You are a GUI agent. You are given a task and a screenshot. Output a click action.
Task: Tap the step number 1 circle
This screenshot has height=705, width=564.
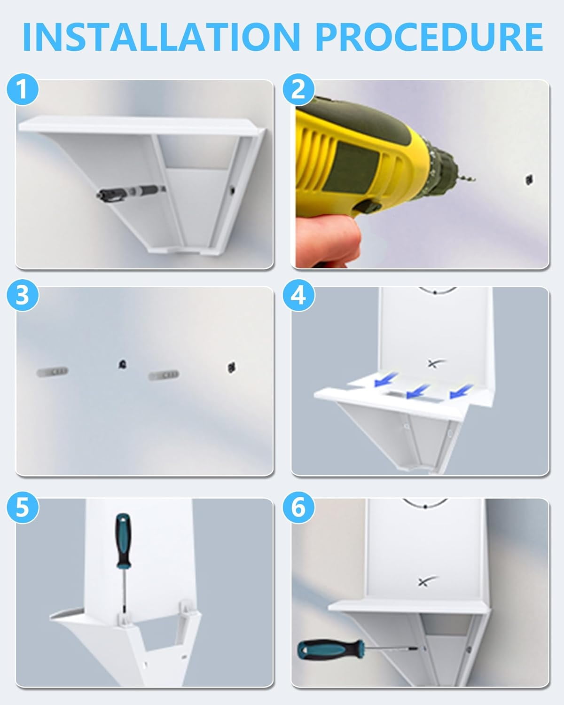[23, 89]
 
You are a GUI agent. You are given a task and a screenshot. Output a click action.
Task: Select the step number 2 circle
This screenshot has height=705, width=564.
[298, 89]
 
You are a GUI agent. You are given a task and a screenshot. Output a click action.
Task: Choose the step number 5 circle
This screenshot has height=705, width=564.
[23, 507]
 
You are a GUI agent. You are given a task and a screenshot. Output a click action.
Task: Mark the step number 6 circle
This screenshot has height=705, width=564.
[298, 507]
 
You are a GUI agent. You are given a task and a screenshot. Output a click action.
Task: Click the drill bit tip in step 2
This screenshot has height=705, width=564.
[475, 180]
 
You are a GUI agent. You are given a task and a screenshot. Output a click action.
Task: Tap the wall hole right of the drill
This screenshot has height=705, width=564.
[529, 180]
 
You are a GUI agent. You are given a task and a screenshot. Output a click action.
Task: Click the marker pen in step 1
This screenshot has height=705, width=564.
[131, 192]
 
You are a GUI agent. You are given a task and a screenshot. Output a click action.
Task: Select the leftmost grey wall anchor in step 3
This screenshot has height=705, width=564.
[53, 372]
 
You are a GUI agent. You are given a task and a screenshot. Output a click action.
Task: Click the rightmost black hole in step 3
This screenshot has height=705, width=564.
[232, 367]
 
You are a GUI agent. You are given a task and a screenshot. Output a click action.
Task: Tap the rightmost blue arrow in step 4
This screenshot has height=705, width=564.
[461, 391]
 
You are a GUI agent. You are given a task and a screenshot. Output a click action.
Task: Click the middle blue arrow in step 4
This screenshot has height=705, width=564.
[418, 391]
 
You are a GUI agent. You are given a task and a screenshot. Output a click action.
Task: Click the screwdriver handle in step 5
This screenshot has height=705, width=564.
[123, 541]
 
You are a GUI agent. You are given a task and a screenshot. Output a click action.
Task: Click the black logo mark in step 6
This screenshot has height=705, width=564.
[427, 580]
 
